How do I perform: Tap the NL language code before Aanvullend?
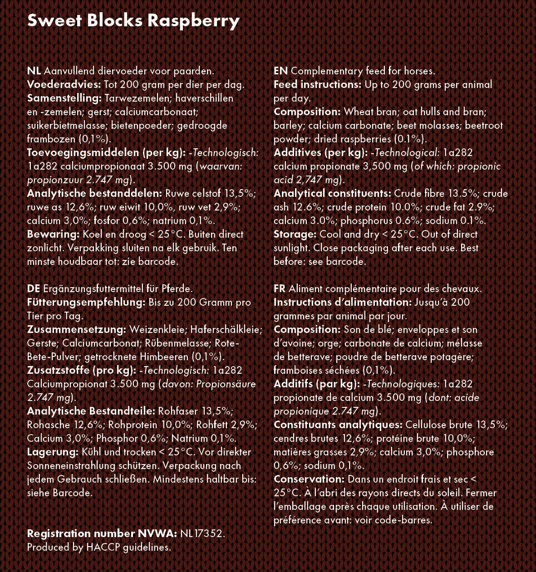(34, 71)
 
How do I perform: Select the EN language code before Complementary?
(280, 71)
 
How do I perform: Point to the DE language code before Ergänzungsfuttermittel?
(34, 289)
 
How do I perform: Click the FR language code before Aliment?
(280, 289)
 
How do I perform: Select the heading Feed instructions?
(317, 85)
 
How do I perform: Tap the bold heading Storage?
(295, 235)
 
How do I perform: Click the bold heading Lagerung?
(53, 452)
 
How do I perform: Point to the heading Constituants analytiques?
(338, 425)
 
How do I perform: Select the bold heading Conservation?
(309, 479)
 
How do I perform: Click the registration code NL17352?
(202, 534)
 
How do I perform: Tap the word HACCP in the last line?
(104, 548)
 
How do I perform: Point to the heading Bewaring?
(54, 235)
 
